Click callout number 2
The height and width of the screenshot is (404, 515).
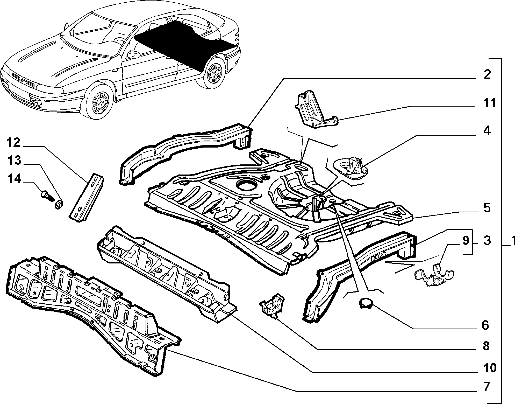coord(487,75)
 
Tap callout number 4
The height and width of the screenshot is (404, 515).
coord(487,131)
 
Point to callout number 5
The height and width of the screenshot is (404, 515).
coord(487,208)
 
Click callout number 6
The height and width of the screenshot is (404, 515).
coord(485,325)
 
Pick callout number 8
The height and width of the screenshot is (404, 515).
coord(485,346)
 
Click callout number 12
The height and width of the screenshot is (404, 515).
coord(13,143)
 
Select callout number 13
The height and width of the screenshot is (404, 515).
coord(14,161)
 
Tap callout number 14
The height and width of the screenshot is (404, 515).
coord(14,179)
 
